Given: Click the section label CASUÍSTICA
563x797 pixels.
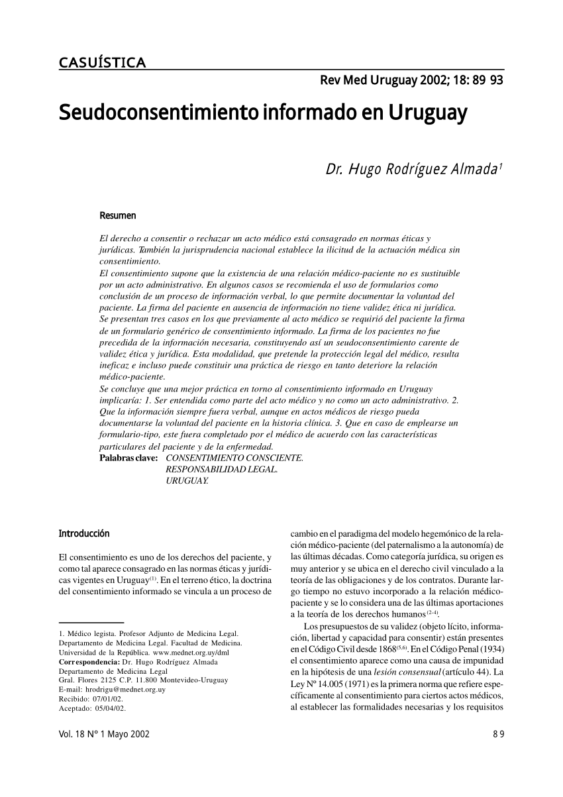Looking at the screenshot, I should (x=102, y=64).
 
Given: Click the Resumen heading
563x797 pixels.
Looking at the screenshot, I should (x=117, y=216).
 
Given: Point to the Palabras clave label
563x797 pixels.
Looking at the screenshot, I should (x=128, y=458).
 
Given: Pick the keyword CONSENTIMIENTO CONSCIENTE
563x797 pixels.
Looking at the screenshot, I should (x=234, y=458).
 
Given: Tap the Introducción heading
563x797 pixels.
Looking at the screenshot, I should (x=84, y=533).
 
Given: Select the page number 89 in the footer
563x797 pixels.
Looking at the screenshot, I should (x=498, y=735).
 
